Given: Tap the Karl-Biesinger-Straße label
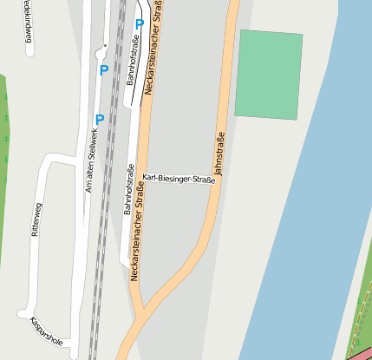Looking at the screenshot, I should pyautogui.click(x=179, y=180).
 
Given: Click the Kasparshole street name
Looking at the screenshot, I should pyautogui.click(x=46, y=331).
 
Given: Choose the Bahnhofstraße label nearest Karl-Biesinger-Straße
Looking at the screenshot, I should pyautogui.click(x=127, y=191).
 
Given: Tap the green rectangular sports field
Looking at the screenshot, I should pyautogui.click(x=269, y=75).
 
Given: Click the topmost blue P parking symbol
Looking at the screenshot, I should pyautogui.click(x=139, y=25).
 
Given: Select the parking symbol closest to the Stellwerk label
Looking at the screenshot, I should pyautogui.click(x=99, y=119).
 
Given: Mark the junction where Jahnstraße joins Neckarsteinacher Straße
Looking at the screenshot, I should pyautogui.click(x=142, y=309).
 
